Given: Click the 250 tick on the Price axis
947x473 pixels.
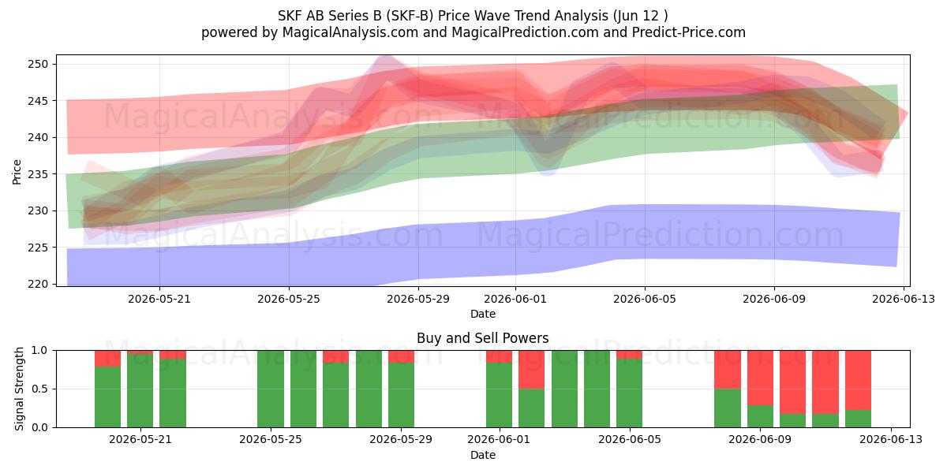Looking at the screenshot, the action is click(38, 64).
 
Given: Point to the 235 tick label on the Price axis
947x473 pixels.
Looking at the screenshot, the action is click(38, 174).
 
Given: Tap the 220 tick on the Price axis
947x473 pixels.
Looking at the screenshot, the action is click(38, 284).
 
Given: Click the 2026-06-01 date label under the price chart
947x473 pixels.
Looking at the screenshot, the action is click(515, 299).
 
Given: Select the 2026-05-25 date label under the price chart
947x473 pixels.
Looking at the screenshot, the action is click(289, 299).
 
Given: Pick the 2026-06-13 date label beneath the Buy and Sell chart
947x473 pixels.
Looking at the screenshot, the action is click(891, 440).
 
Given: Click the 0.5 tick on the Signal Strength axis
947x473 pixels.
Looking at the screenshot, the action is click(39, 389).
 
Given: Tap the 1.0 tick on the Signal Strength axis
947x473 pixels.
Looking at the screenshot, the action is click(39, 351).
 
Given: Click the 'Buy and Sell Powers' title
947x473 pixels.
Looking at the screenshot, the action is click(482, 338).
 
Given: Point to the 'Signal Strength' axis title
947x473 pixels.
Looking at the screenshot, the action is click(19, 389).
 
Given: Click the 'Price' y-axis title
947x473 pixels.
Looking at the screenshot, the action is click(17, 172).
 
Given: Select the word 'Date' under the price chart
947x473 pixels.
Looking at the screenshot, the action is click(483, 314).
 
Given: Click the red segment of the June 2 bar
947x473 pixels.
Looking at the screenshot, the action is click(531, 370).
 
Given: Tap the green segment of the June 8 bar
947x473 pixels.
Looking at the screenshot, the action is click(728, 408).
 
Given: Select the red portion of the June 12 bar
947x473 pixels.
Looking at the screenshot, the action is click(859, 380).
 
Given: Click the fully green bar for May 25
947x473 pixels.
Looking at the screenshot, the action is click(271, 389).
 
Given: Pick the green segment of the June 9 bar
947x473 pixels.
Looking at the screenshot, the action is click(760, 416).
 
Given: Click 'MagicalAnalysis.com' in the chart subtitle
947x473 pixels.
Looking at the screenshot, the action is click(350, 32).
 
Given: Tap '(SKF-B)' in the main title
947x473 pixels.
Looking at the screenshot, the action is click(410, 16).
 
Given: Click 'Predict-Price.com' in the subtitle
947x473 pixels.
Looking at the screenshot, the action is click(689, 32).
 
